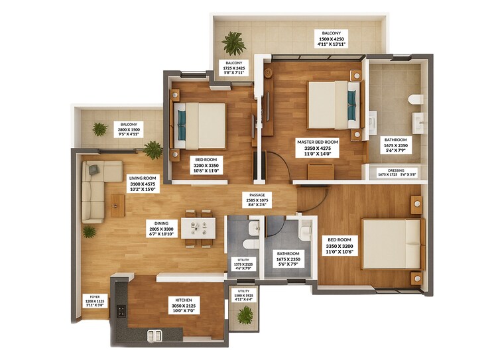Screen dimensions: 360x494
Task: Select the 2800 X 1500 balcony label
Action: click(129, 129)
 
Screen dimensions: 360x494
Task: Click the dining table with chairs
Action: click(198, 227)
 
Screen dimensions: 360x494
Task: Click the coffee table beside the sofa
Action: click(117, 206)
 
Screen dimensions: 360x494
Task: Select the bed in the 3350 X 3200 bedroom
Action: click(391, 243)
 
